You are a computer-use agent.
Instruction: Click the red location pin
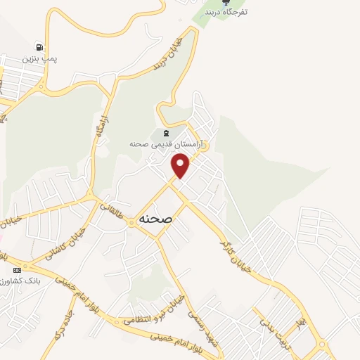click(x=181, y=166)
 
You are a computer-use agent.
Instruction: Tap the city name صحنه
click(x=156, y=219)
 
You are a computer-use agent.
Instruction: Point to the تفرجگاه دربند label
click(x=226, y=12)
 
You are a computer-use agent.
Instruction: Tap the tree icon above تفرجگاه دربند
click(x=226, y=2)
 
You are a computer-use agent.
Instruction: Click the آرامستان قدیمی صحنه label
click(x=166, y=143)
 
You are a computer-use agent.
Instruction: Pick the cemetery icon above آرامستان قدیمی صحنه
click(x=166, y=133)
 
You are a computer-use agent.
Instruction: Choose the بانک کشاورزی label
click(x=21, y=281)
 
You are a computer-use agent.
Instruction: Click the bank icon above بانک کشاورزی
click(x=17, y=270)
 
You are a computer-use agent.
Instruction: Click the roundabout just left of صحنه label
click(x=131, y=224)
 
